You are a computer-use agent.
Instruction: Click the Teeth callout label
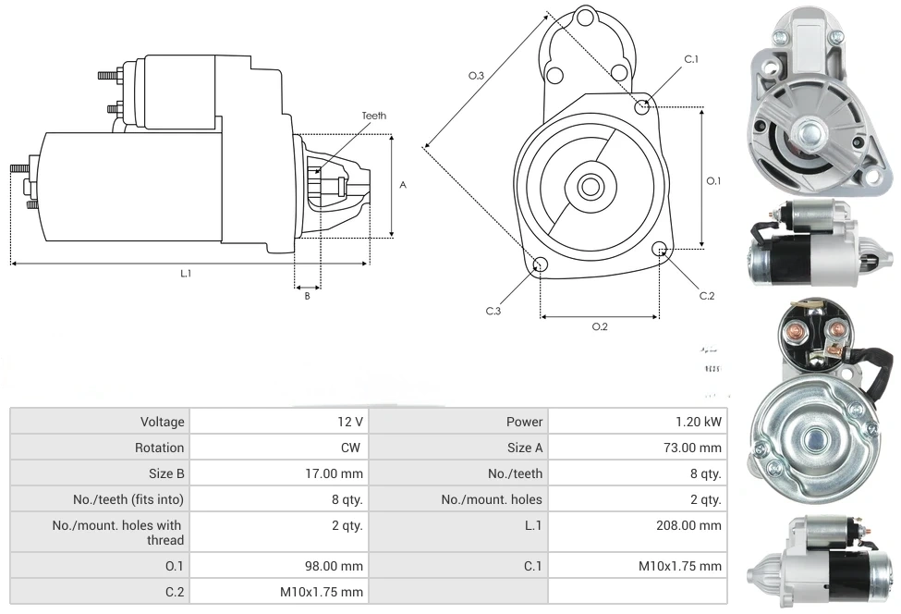click(373, 116)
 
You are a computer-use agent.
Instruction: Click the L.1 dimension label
click(186, 273)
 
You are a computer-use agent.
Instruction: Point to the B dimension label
click(307, 296)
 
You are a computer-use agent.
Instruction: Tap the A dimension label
click(403, 185)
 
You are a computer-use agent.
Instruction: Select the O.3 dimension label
click(476, 76)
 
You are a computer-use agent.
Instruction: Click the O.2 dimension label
click(599, 326)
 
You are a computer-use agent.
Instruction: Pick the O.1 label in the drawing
click(713, 181)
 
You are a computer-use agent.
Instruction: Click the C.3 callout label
click(493, 311)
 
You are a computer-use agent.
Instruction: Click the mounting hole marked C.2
click(660, 249)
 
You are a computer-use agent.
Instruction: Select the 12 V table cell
click(349, 422)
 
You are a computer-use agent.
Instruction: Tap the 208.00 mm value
click(688, 525)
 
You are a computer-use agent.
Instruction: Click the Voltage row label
click(163, 422)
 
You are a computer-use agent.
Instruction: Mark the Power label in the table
click(524, 422)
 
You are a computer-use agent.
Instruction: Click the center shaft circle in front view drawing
click(590, 187)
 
